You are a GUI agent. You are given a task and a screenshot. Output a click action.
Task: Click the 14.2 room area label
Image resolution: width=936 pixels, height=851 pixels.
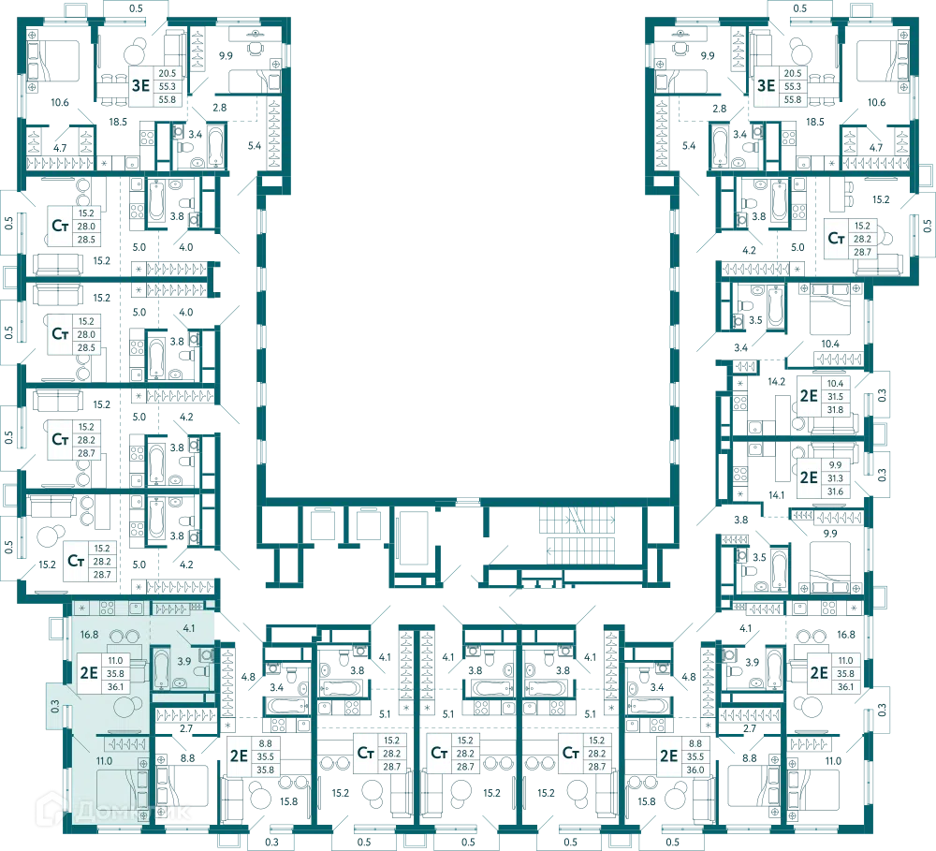pyautogui.click(x=777, y=381)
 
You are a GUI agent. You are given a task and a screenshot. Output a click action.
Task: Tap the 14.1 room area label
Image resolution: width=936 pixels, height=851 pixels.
pyautogui.click(x=777, y=495)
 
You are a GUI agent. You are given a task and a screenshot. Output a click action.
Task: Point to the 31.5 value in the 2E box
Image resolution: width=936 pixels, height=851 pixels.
pyautogui.click(x=835, y=397)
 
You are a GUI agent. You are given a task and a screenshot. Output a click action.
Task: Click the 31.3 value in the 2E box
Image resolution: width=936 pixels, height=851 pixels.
pyautogui.click(x=835, y=478)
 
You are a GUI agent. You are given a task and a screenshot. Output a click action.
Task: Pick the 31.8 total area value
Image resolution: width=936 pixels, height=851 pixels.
pyautogui.click(x=835, y=410)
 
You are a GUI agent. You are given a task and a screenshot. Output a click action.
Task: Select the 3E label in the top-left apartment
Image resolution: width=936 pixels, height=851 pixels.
pyautogui.click(x=141, y=85)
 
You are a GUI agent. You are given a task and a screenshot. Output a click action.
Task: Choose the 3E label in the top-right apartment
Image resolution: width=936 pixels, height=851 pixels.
pyautogui.click(x=767, y=85)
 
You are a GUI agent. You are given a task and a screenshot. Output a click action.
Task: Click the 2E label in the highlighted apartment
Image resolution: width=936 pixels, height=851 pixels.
pyautogui.click(x=89, y=673)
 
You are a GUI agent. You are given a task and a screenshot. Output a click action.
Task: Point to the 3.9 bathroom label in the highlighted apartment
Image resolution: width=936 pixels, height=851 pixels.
pyautogui.click(x=183, y=662)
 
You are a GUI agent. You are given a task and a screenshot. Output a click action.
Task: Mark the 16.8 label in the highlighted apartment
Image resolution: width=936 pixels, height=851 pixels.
pyautogui.click(x=90, y=635)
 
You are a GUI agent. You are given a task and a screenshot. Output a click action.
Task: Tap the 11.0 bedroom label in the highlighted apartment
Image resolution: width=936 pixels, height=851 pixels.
pyautogui.click(x=104, y=761)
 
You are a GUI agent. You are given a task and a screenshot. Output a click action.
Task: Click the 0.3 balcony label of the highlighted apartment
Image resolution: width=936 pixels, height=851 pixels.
pyautogui.click(x=55, y=706)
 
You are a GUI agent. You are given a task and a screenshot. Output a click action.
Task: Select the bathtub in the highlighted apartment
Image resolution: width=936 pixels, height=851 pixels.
pyautogui.click(x=161, y=668)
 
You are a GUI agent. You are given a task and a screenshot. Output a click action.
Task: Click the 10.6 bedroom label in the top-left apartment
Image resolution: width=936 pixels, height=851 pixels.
pyautogui.click(x=60, y=102)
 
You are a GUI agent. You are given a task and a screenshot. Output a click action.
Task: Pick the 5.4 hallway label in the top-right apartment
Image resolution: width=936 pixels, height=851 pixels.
pyautogui.click(x=688, y=146)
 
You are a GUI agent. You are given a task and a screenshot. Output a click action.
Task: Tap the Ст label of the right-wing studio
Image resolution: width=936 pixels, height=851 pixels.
pyautogui.click(x=836, y=239)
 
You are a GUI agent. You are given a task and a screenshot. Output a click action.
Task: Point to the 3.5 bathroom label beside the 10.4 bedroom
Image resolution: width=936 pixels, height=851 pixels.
pyautogui.click(x=755, y=320)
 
